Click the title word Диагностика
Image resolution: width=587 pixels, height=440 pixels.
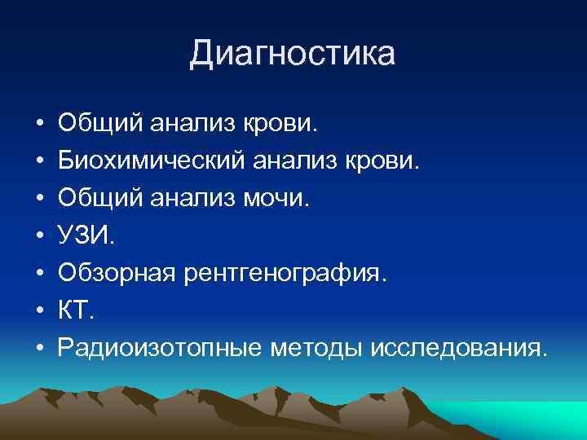[x=293, y=54]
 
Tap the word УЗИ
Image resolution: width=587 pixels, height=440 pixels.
[x=86, y=236]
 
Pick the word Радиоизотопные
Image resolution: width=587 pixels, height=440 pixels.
[x=160, y=349]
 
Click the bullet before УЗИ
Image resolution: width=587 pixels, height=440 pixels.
[x=39, y=237]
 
